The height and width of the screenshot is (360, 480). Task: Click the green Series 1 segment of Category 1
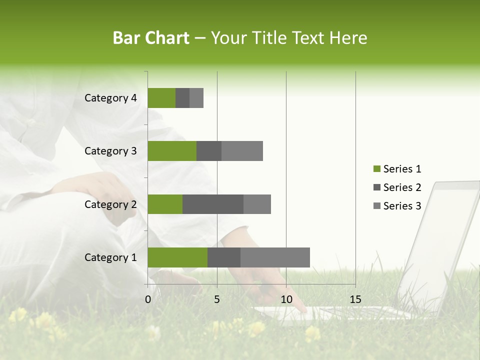point(177,257)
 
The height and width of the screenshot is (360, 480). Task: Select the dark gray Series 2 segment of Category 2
point(213,204)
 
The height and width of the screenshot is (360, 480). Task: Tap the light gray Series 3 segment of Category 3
point(242,151)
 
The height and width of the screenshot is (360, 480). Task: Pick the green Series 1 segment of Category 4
point(161,98)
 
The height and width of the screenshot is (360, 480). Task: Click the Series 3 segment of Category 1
point(275,257)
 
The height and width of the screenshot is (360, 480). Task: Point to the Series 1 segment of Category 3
point(172,151)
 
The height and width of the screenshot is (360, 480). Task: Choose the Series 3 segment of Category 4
point(196,98)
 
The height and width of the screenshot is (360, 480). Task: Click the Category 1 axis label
point(110,257)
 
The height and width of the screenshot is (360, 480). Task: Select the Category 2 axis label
point(110,204)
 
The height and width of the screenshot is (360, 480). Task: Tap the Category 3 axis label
point(110,151)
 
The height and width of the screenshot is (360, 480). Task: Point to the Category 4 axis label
point(110,98)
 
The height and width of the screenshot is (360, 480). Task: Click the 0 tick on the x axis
point(148,299)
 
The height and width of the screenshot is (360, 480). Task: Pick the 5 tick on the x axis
point(217,299)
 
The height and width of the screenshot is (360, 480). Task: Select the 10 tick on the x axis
point(286,299)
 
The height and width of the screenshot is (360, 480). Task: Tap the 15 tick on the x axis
point(355,299)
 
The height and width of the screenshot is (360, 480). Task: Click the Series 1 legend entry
point(397,169)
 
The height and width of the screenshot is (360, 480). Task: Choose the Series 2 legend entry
point(397,187)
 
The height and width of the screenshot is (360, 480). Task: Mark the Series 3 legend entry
point(397,206)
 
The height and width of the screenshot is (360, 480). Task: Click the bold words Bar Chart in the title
point(151,38)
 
